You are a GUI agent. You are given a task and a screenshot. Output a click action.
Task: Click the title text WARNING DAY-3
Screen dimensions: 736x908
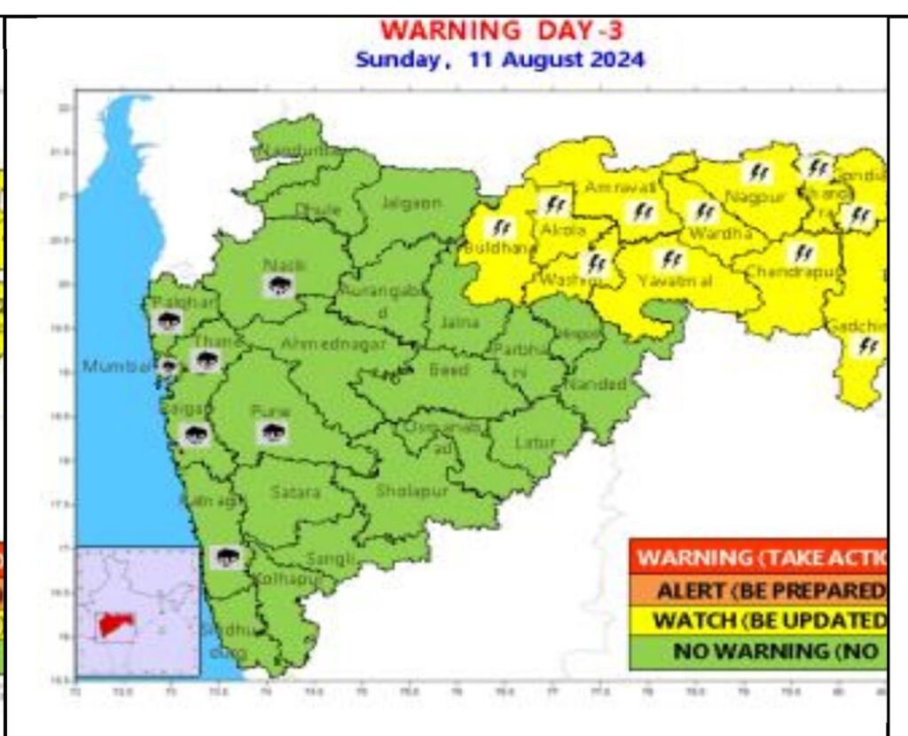click(x=502, y=31)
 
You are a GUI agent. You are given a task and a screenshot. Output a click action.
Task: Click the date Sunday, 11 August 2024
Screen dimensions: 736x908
click(x=500, y=61)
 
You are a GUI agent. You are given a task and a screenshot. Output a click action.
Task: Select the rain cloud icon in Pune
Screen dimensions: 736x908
click(x=272, y=433)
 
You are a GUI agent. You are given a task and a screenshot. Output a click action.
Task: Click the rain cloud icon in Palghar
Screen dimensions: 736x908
click(x=166, y=322)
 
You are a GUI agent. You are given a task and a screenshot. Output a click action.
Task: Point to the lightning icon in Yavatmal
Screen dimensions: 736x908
click(x=672, y=259)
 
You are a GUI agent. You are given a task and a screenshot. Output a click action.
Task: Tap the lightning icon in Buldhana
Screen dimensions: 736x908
click(x=503, y=228)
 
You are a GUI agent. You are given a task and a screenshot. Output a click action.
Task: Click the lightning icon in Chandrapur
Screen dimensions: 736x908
click(x=803, y=253)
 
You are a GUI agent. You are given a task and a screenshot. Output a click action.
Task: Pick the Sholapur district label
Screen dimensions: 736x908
click(x=412, y=489)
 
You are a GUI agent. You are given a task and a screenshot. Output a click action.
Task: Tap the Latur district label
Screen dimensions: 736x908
click(x=535, y=442)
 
